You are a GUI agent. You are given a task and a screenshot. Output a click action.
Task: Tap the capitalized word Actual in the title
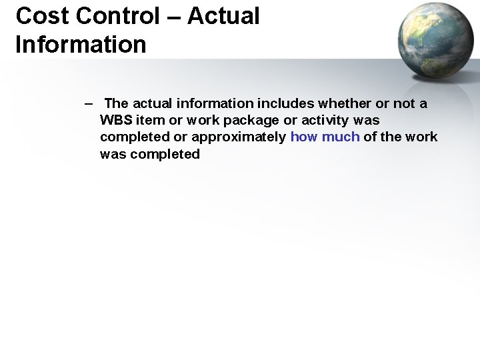click(223, 15)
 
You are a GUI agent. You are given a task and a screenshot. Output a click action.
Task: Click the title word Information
click(81, 45)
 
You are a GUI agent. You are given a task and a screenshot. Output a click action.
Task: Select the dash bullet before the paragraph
click(88, 103)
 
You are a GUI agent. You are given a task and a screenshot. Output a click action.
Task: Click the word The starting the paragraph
click(116, 103)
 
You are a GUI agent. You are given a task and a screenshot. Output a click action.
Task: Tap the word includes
click(286, 103)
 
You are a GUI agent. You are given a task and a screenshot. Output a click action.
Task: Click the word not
click(403, 103)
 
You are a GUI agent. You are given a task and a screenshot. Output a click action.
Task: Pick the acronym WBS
click(115, 121)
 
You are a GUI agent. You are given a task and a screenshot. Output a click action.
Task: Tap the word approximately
click(239, 137)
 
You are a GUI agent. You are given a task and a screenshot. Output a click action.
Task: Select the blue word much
click(341, 137)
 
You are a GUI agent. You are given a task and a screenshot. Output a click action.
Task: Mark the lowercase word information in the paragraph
click(215, 103)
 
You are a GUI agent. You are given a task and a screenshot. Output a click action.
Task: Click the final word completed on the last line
click(165, 154)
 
